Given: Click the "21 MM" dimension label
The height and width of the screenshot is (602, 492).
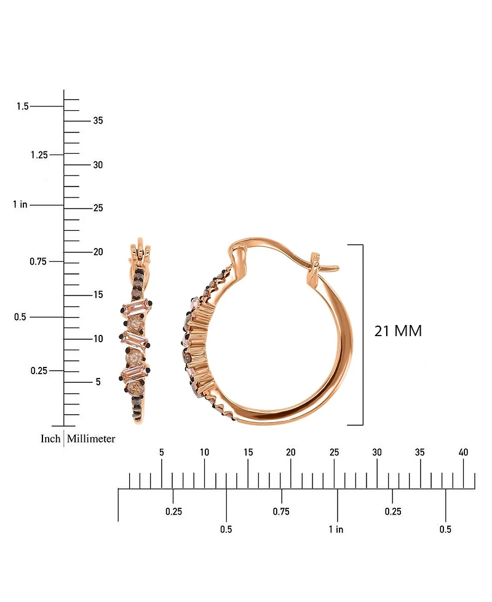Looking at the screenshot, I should pos(398,331).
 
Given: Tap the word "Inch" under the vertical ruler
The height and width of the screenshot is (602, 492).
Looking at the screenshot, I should pos(50,439).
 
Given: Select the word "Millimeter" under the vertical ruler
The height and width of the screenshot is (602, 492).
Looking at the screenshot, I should pos(91,439).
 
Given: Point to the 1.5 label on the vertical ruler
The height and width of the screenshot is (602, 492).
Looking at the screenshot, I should pos(23,106).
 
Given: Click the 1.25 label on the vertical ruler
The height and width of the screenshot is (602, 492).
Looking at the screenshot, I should pos(39,155).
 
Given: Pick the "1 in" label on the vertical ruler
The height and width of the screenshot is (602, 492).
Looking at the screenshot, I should pos(20,204).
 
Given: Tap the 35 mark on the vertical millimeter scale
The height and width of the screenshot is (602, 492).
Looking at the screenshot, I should pos(98,121).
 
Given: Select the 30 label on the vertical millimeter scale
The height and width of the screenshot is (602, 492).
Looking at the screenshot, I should pos(98,165).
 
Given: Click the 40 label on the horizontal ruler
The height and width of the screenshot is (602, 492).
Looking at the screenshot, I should pos(464,452).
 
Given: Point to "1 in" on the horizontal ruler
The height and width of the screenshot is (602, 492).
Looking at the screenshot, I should pos(336,529).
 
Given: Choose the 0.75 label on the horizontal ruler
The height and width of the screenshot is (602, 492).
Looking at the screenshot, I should pos(281,512).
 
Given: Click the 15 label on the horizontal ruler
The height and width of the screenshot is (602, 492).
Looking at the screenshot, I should pos(247,452).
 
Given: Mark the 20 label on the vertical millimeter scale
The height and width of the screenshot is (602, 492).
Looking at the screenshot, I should pos(98,252).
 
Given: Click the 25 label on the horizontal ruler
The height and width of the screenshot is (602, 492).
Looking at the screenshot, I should pos(334,452).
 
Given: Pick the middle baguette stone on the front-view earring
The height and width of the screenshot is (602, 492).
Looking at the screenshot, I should pos(136,339).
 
